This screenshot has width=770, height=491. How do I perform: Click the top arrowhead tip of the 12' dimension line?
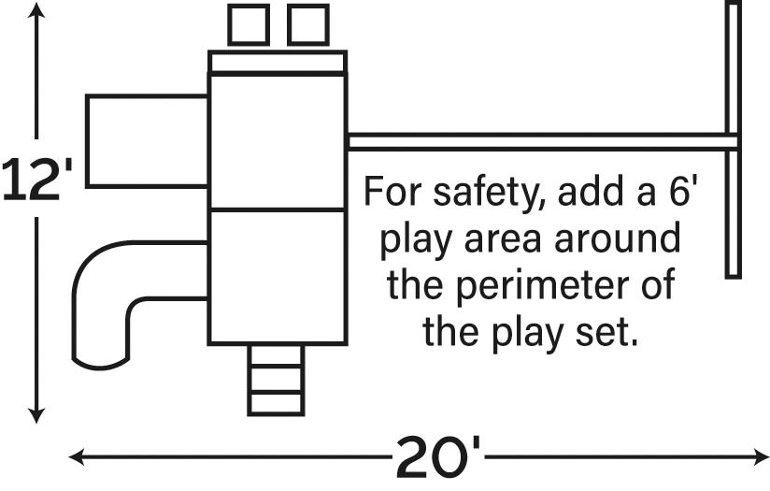36,3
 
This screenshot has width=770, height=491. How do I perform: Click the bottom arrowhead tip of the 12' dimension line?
36,423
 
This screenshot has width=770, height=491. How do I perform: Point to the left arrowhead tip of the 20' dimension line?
69,457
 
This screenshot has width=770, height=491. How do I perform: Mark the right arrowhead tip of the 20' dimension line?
768,457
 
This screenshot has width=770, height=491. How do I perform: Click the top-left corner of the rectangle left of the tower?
86,95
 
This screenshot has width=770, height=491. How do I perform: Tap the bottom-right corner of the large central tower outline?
347,343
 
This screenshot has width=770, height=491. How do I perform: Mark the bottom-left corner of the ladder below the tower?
249,415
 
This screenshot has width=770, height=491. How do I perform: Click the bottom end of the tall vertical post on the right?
734,278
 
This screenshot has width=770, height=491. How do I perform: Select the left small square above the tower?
249,24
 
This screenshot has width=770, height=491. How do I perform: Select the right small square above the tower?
307,24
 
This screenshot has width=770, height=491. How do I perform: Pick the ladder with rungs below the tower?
276,380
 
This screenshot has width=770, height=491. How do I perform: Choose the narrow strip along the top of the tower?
278,62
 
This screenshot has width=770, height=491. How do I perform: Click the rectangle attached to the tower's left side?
148,141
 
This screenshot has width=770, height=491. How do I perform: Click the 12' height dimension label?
37,180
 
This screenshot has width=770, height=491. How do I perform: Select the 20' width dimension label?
438,457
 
